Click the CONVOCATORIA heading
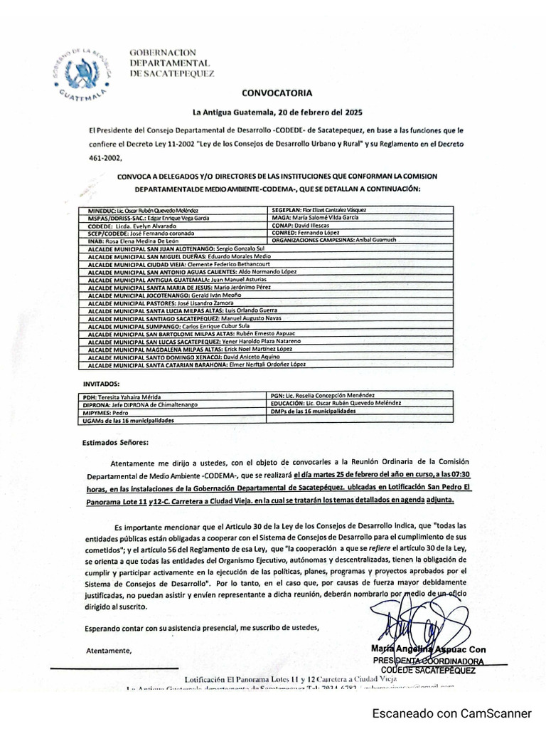coord(277,93)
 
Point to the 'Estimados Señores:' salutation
coord(117,442)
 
